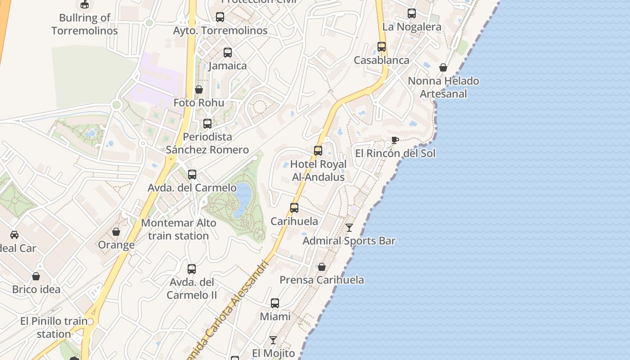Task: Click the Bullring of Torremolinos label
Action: pyautogui.click(x=85, y=24)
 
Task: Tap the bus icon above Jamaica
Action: pyautogui.click(x=228, y=52)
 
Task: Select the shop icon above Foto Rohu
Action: pyautogui.click(x=199, y=90)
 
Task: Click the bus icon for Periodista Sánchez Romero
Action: pyautogui.click(x=207, y=123)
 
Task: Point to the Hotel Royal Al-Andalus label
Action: pyautogui.click(x=318, y=171)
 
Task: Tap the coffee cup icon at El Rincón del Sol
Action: pyautogui.click(x=395, y=140)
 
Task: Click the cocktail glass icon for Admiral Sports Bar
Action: pyautogui.click(x=349, y=228)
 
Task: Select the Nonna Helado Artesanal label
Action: pyautogui.click(x=443, y=87)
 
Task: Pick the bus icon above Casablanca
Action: pyautogui.click(x=382, y=46)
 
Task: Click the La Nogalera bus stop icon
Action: pyautogui.click(x=412, y=13)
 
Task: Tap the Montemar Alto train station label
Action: pyautogui.click(x=179, y=229)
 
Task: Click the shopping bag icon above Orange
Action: pyautogui.click(x=116, y=232)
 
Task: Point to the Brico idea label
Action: pyautogui.click(x=36, y=289)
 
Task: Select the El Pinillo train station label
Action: pyautogui.click(x=54, y=328)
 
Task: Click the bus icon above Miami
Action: pyautogui.click(x=275, y=303)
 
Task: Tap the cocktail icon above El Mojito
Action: pyautogui.click(x=273, y=340)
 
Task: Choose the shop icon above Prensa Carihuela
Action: pyautogui.click(x=322, y=267)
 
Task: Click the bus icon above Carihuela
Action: pyautogui.click(x=294, y=207)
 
